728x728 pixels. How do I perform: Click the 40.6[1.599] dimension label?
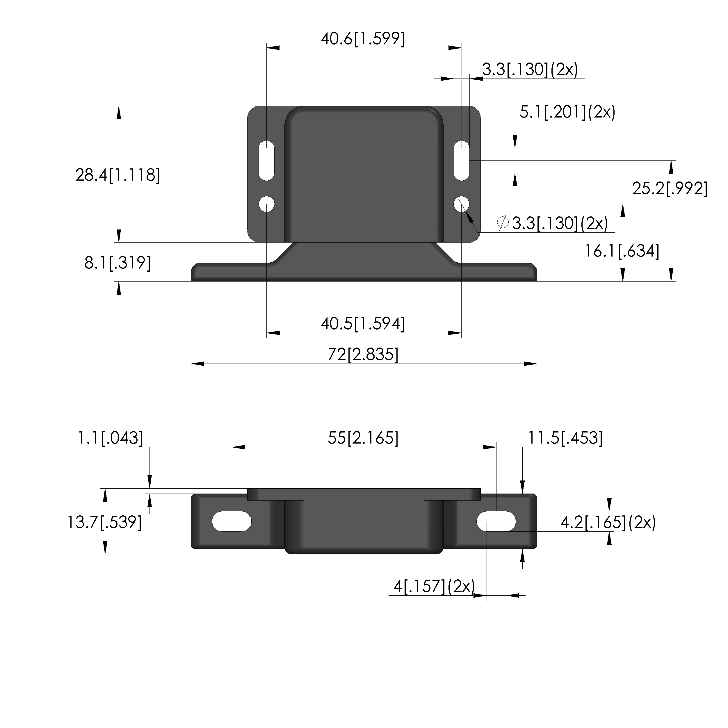363,39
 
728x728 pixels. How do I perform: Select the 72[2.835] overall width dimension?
363,355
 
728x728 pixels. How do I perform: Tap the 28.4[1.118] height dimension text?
118,175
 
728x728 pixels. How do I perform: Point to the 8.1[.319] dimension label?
118,263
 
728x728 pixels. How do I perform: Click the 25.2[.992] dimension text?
670,188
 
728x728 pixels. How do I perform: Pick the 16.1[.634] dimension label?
622,251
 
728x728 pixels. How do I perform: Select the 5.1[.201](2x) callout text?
567,112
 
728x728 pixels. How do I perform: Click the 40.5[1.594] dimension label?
363,324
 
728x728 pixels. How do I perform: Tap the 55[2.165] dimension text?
363,438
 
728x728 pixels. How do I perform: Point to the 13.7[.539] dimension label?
104,522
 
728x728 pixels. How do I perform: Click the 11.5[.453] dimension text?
565,438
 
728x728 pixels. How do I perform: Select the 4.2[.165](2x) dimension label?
608,522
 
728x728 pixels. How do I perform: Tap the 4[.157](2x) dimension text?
434,586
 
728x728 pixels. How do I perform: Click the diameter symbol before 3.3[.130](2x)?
503,223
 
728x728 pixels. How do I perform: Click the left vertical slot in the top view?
266,160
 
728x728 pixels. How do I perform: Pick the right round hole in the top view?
462,204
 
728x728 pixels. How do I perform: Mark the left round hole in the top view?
267,204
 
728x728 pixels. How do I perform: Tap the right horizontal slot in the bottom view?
496,521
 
